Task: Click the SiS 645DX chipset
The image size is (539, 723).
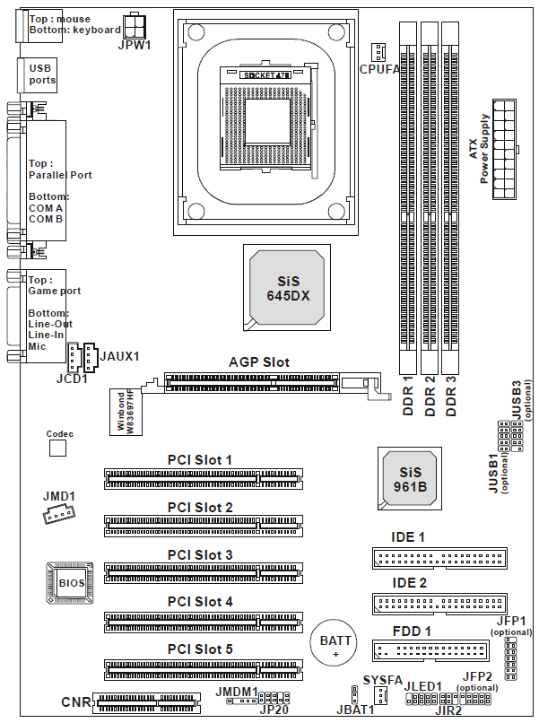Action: tap(287, 287)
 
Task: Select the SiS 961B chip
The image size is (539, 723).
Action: tap(410, 479)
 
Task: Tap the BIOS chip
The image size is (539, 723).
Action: tap(70, 583)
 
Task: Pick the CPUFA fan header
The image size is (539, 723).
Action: tap(378, 53)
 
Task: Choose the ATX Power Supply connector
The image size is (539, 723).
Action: tap(503, 149)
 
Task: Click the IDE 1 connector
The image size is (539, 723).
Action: tap(439, 558)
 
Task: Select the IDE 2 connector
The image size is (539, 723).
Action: tap(439, 604)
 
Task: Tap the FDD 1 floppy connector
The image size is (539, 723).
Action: tap(430, 649)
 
